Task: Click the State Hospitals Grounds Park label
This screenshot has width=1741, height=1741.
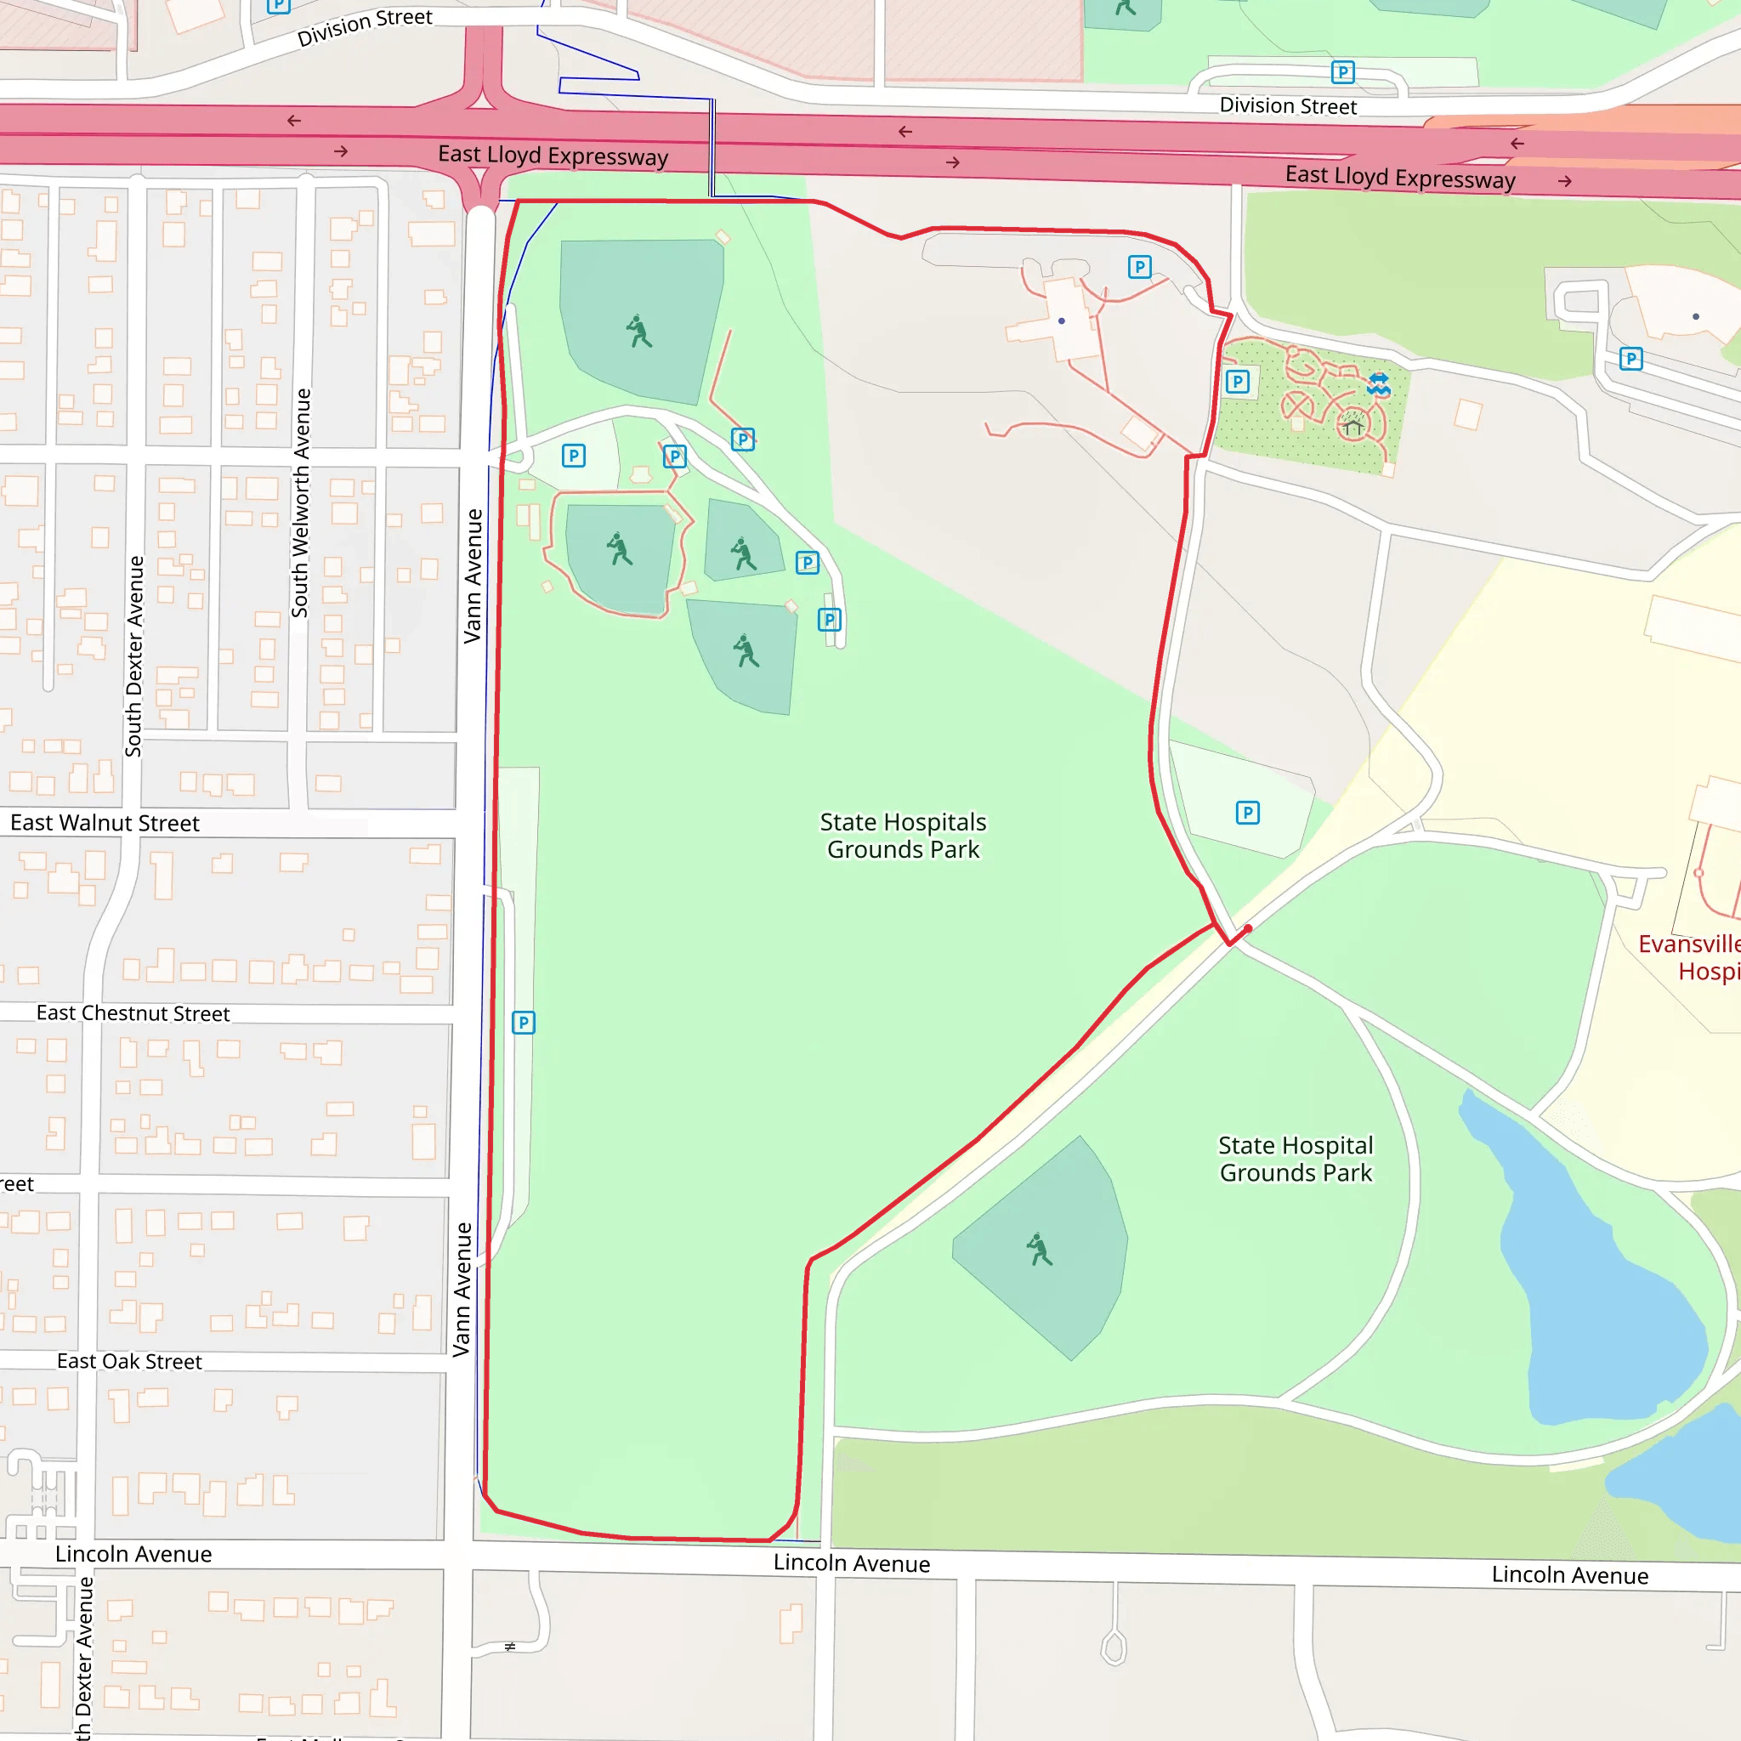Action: (x=903, y=836)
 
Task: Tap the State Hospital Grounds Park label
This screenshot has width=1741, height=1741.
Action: (x=1295, y=1159)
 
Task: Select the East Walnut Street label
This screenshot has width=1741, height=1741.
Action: (x=105, y=823)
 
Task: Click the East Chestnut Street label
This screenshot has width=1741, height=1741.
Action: (x=133, y=1012)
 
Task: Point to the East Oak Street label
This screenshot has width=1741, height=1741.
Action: (x=129, y=1362)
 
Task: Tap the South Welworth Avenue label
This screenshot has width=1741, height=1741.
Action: (x=301, y=503)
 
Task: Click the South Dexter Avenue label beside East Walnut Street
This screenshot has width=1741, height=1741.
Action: (x=134, y=656)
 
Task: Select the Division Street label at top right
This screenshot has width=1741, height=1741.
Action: (x=1288, y=105)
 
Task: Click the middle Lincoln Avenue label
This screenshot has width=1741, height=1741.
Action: (x=852, y=1563)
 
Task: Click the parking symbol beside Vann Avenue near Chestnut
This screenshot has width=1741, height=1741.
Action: (x=524, y=1023)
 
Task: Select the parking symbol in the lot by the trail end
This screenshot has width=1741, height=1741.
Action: (x=1247, y=813)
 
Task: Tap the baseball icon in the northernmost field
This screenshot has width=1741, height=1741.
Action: (x=639, y=332)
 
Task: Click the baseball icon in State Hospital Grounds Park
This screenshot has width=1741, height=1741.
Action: (x=1039, y=1250)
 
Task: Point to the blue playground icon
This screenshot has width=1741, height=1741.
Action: (x=1379, y=385)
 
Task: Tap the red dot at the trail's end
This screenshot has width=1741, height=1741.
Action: (x=1248, y=928)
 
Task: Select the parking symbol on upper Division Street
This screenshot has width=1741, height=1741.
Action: (x=1342, y=72)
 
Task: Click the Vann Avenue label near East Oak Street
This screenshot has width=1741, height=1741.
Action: (x=462, y=1290)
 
